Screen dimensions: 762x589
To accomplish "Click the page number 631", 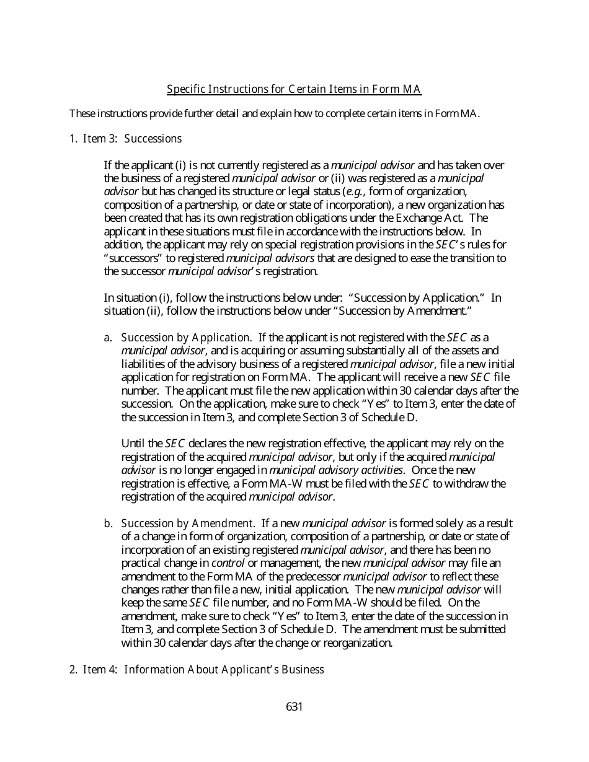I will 294,707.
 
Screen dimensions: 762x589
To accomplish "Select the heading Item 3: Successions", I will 132,139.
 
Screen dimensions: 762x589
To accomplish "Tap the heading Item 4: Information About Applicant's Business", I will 203,670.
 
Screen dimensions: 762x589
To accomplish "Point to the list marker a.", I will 108,338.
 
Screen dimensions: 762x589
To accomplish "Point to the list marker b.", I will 108,523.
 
